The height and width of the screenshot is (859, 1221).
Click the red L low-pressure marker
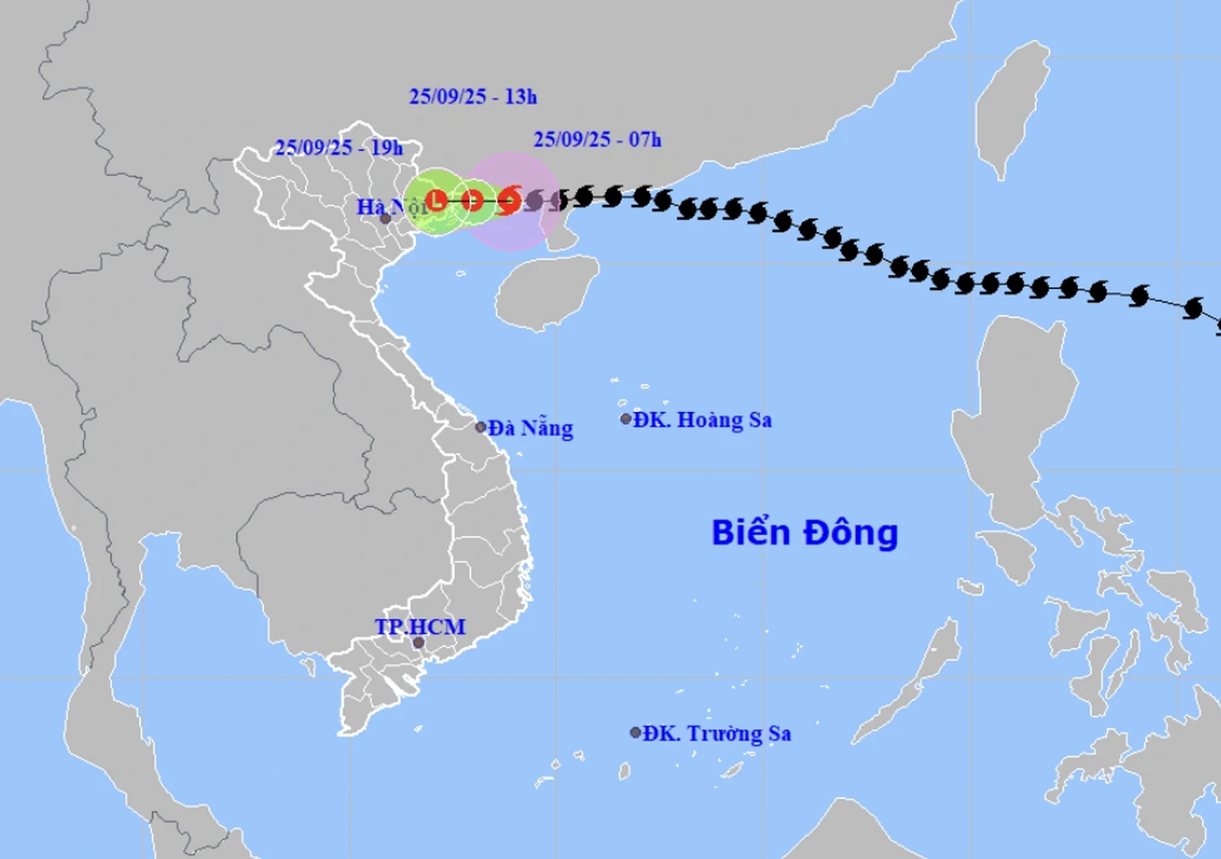pyautogui.click(x=437, y=199)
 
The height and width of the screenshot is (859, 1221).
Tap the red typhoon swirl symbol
pyautogui.click(x=509, y=199)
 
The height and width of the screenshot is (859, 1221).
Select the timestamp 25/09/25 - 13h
pyautogui.click(x=473, y=97)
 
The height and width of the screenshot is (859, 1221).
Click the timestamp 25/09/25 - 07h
pyautogui.click(x=597, y=139)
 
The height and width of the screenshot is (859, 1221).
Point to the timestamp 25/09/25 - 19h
pyautogui.click(x=338, y=148)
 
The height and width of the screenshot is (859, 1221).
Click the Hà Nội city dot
pyautogui.click(x=385, y=218)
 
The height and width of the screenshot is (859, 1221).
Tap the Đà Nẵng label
pyautogui.click(x=531, y=428)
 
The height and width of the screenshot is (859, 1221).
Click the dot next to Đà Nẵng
pyautogui.click(x=481, y=427)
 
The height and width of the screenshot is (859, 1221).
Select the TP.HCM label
pyautogui.click(x=420, y=627)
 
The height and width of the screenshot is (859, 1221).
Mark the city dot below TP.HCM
pyautogui.click(x=418, y=643)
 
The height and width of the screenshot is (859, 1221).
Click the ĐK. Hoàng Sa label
pyautogui.click(x=702, y=420)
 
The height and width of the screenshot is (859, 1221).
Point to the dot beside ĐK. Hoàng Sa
pyautogui.click(x=626, y=419)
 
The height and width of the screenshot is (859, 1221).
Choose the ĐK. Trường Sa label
pyautogui.click(x=716, y=733)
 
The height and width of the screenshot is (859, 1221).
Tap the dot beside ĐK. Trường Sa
pyautogui.click(x=636, y=732)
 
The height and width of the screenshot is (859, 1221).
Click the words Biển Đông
pyautogui.click(x=804, y=532)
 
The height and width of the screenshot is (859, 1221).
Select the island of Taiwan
pyautogui.click(x=1013, y=108)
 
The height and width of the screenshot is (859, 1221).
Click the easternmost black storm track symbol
pyautogui.click(x=1193, y=309)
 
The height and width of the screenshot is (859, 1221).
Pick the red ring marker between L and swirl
pyautogui.click(x=472, y=199)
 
